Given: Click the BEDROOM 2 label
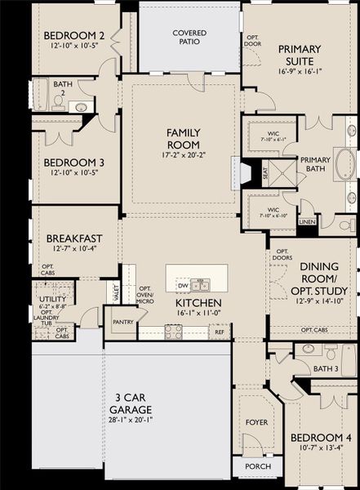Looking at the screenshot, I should tap(73, 36).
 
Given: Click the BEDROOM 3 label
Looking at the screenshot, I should tap(73, 162).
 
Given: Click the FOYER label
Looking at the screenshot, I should tap(256, 422).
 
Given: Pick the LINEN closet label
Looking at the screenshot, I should tap(306, 221).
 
